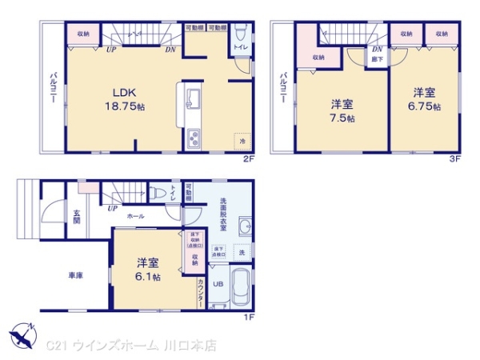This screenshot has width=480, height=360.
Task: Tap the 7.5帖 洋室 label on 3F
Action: click(344, 110)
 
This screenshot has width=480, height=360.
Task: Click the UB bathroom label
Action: click(218, 283)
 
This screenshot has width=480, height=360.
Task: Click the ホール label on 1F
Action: click(134, 216)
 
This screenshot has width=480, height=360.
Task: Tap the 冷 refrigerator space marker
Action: click(242, 141)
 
